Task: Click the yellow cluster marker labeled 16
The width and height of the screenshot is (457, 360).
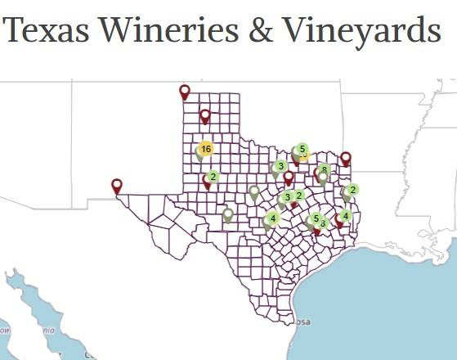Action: (205, 149)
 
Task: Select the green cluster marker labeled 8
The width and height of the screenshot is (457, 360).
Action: (325, 170)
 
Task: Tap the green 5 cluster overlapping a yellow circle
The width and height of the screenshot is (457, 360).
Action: (302, 149)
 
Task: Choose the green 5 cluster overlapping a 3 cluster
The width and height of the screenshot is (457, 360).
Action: (315, 218)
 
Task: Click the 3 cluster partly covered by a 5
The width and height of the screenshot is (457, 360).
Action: (324, 223)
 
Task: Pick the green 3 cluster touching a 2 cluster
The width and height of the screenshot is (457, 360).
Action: (288, 196)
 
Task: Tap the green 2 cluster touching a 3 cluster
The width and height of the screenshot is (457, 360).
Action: (300, 195)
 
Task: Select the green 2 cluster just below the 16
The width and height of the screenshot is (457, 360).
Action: (213, 176)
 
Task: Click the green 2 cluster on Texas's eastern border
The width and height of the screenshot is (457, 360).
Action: (353, 190)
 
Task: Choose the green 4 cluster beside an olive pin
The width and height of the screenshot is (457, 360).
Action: (272, 218)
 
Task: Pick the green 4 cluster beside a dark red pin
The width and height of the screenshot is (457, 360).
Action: (346, 216)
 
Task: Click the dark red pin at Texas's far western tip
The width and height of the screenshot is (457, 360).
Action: (117, 186)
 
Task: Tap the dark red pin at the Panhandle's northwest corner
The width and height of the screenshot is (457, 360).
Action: (185, 92)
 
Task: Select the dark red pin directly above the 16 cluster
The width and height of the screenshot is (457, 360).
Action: (205, 116)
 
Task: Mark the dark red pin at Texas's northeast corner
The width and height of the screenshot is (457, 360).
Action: (346, 158)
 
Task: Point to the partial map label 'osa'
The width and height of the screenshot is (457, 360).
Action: (302, 322)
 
